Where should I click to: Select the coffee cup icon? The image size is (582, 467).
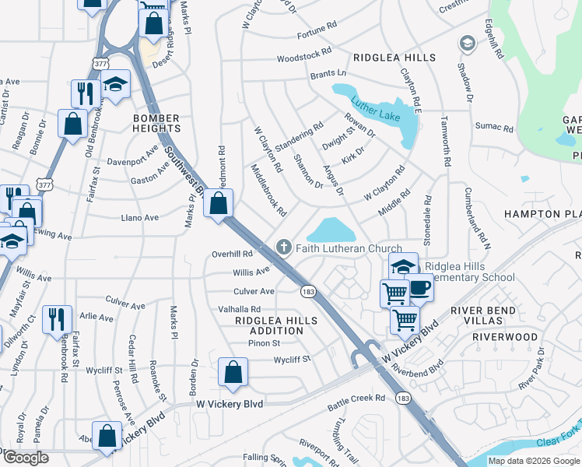(420, 288)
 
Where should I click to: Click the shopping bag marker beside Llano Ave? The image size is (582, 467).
(219, 205)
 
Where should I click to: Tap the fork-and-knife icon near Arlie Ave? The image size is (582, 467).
(58, 319)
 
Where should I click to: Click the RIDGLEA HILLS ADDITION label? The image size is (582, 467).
(276, 325)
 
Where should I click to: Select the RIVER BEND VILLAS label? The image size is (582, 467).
(489, 316)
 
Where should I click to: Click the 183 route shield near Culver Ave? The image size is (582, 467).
(307, 290)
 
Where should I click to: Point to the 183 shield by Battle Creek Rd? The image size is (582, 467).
(402, 398)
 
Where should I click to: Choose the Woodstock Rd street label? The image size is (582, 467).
(304, 58)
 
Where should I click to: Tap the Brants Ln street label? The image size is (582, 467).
(327, 75)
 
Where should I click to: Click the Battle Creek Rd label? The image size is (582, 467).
(356, 398)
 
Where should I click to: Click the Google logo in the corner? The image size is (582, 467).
(26, 458)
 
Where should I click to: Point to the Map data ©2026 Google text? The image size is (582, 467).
(534, 461)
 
